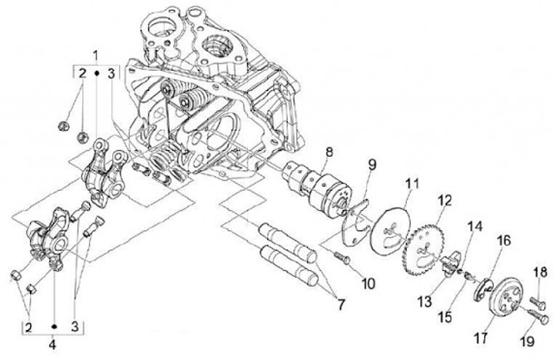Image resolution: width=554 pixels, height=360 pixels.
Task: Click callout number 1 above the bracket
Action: pyautogui.click(x=95, y=55)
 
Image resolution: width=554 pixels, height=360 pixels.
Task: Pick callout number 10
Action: pyautogui.click(x=369, y=283)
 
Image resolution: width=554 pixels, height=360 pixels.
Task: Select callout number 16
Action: pyautogui.click(x=503, y=240)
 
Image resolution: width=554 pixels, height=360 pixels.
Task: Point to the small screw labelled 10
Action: pyautogui.click(x=343, y=258)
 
